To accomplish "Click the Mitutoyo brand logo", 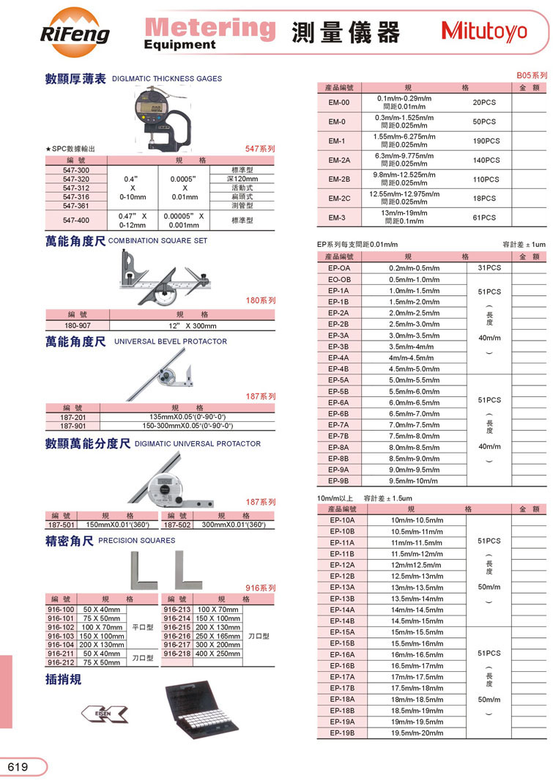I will [485, 32].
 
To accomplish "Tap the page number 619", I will [18, 767].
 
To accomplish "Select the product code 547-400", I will [75, 221].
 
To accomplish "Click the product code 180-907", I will [77, 325].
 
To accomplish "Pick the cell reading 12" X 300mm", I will [192, 325].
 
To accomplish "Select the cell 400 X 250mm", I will [218, 654].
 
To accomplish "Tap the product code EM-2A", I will [338, 160].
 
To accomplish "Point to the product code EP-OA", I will [338, 268].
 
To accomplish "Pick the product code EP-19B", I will [342, 733].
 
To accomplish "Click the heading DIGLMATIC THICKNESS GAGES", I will [167, 78].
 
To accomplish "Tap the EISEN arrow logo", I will [102, 712].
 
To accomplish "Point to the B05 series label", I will [532, 75].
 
